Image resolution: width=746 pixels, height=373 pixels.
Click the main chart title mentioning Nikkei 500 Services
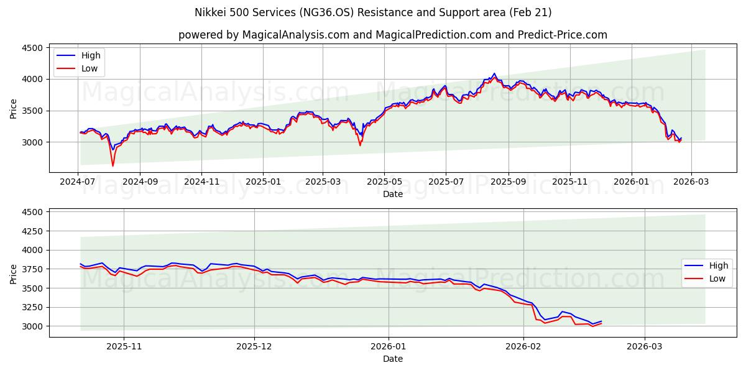[373, 12]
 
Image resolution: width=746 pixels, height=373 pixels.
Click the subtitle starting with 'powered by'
[392, 35]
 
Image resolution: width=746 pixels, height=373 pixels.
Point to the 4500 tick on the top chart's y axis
[32, 48]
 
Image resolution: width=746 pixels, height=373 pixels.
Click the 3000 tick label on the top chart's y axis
[32, 142]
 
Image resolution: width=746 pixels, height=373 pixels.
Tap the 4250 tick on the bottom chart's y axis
[32, 231]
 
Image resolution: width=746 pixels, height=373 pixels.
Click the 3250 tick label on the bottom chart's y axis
[32, 307]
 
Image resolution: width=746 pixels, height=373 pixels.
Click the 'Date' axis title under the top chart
[392, 194]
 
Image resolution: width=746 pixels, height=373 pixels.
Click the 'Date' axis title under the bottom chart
[392, 359]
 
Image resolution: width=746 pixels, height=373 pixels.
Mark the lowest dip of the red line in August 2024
[113, 166]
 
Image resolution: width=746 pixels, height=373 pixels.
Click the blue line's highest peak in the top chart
[494, 73]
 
